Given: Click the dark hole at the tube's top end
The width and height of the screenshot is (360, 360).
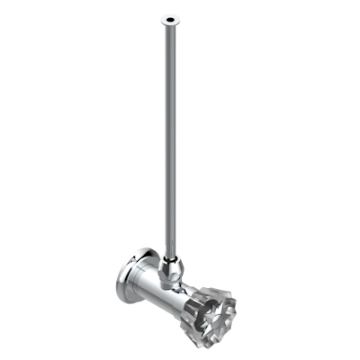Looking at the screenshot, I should point(168,18).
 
